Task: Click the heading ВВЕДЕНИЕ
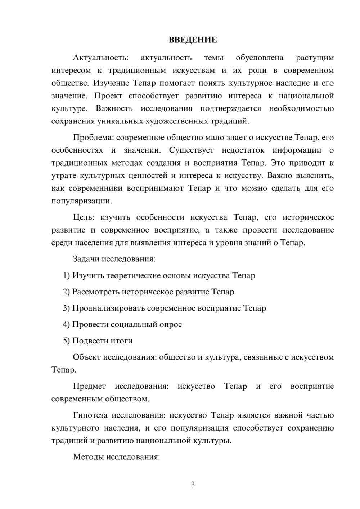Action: (x=193, y=40)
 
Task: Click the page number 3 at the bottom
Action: (x=193, y=485)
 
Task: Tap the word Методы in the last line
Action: (x=87, y=457)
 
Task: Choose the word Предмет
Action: (x=89, y=387)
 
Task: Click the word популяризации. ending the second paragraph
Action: (x=82, y=201)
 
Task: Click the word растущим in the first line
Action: (x=315, y=58)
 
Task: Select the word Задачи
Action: (x=86, y=259)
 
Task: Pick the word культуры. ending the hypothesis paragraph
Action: (x=212, y=441)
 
